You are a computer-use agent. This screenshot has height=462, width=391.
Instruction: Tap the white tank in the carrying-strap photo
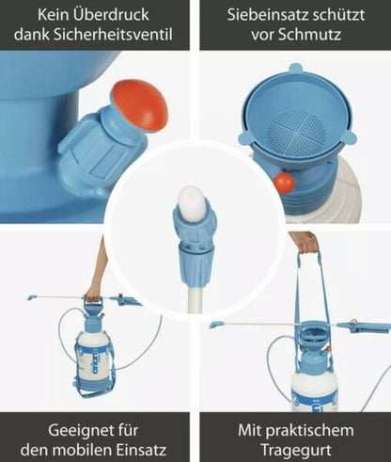click(x=313, y=386)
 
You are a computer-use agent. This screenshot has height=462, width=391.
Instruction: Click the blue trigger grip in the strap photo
click(x=365, y=327)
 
